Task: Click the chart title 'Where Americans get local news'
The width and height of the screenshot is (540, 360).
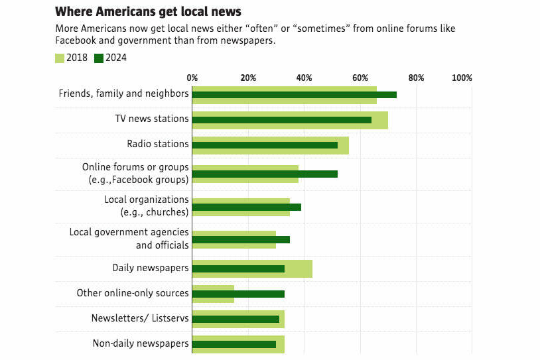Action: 147,11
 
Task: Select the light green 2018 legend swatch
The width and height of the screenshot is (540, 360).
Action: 59,58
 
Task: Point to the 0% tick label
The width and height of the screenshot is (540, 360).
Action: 192,78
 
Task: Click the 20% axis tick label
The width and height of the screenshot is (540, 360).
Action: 248,78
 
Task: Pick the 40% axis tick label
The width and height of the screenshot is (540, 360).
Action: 304,78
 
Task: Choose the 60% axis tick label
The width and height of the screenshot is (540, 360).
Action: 360,78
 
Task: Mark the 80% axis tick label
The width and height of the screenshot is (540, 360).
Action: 416,78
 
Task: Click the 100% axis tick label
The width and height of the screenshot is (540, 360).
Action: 462,78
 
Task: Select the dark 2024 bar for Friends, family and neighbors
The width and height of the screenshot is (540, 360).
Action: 294,95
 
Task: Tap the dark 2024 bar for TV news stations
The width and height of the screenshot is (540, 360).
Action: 281,120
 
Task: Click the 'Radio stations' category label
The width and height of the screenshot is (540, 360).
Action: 158,144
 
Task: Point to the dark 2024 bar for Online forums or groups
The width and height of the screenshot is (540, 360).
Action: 265,174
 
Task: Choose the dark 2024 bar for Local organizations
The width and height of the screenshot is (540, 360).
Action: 246,207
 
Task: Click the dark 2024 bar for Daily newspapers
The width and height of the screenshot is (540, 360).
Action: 238,269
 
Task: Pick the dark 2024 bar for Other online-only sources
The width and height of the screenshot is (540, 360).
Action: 238,294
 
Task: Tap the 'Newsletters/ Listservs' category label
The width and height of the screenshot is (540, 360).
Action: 140,318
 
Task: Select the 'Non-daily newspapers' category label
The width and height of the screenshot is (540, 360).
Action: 141,343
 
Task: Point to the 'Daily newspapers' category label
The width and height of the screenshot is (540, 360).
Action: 151,269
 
